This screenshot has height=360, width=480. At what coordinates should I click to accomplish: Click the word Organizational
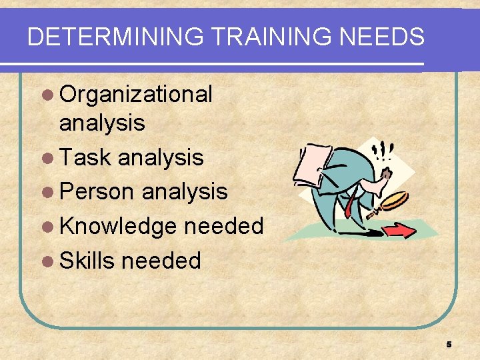[x=136, y=95]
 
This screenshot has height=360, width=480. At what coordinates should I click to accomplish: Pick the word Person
[x=97, y=192]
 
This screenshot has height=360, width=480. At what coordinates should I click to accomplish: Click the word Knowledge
[x=118, y=226]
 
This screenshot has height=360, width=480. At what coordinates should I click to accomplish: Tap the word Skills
[x=87, y=261]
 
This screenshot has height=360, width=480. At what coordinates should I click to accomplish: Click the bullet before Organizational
[x=49, y=95]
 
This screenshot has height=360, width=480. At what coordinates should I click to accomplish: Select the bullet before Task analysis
[x=49, y=158]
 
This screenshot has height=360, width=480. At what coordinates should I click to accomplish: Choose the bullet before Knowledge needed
[x=49, y=227]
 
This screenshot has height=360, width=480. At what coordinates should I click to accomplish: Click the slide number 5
[x=449, y=345]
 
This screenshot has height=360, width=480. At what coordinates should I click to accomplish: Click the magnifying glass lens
[x=394, y=199]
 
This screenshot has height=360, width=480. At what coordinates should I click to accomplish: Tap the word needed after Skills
[x=161, y=261]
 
